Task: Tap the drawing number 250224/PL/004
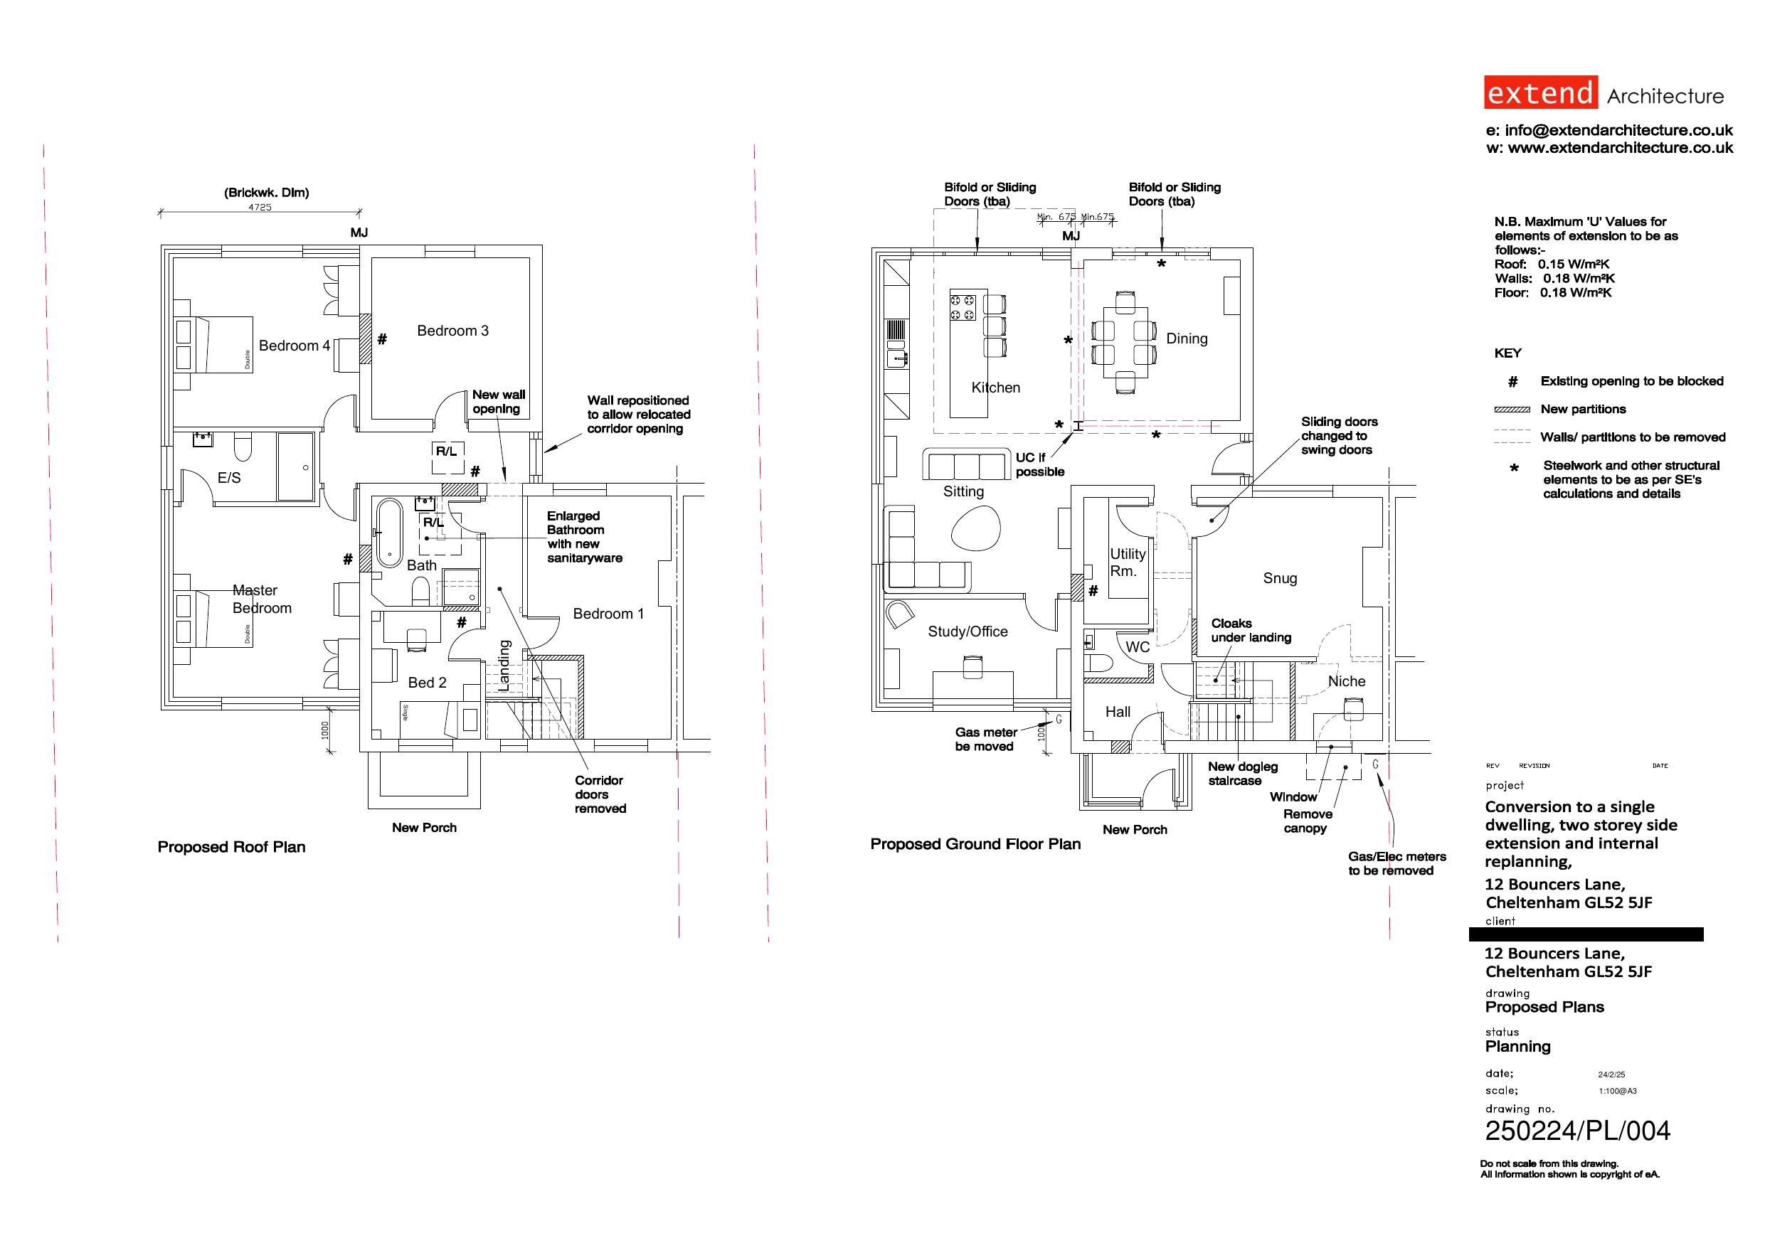pos(1577,1131)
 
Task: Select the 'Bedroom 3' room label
pos(452,331)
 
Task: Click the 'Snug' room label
pos(1280,579)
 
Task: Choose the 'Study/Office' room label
pos(968,631)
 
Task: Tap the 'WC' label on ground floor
pos(1138,647)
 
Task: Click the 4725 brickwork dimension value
pos(260,207)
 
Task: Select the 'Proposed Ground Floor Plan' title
pos(975,845)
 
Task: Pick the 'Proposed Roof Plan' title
pos(231,847)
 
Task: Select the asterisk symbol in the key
pos(1515,468)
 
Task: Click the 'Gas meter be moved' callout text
pos(986,740)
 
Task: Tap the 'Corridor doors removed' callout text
pos(600,794)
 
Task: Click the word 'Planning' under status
pos(1518,1047)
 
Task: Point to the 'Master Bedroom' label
pos(261,599)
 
